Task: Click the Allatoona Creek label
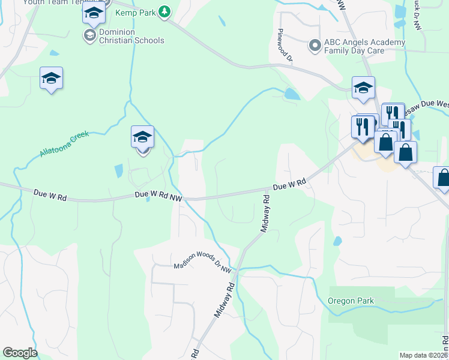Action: tap(64, 144)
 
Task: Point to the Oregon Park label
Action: tap(351, 301)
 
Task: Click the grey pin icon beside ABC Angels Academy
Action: tap(314, 45)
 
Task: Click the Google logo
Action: tap(20, 352)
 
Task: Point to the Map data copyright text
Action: tap(423, 355)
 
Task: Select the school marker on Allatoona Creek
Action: tap(142, 137)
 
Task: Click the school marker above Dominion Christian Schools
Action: tap(93, 13)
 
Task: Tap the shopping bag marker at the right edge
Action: tap(443, 178)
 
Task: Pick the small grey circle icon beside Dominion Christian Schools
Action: tap(89, 36)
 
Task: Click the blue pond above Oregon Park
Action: tap(337, 241)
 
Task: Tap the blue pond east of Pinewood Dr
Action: tap(292, 94)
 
